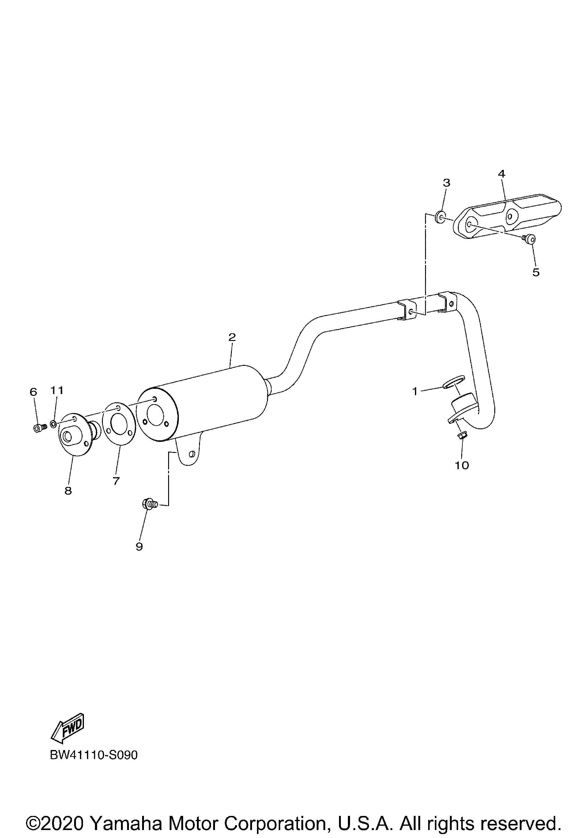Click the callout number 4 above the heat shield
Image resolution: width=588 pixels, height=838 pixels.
[502, 174]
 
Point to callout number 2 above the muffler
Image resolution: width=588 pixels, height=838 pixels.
[232, 337]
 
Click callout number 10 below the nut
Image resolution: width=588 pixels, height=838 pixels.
[462, 465]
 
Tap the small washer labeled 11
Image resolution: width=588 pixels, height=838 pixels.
[53, 424]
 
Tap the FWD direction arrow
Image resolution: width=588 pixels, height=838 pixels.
[68, 723]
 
